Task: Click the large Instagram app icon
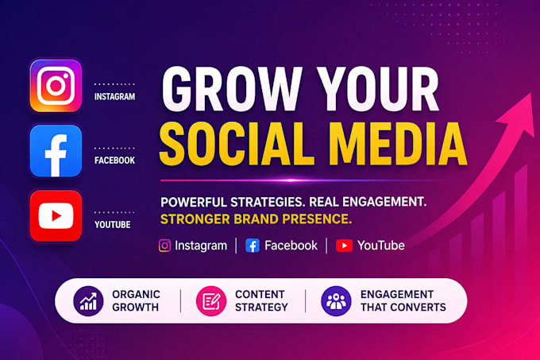(56, 86)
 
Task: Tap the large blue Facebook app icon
(56, 151)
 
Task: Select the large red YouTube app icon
(56, 215)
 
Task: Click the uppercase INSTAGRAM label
(114, 96)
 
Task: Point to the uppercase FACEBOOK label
(114, 161)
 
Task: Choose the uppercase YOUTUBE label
(112, 225)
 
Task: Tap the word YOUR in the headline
(378, 89)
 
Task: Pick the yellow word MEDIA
(398, 144)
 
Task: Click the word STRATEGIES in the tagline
(268, 202)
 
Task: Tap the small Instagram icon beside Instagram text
(164, 246)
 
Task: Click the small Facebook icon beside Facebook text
(253, 246)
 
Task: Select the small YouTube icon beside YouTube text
(344, 246)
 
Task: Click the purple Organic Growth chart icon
(88, 300)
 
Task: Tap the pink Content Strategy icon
(211, 300)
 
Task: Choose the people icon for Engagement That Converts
(336, 300)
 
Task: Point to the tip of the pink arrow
(530, 93)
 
